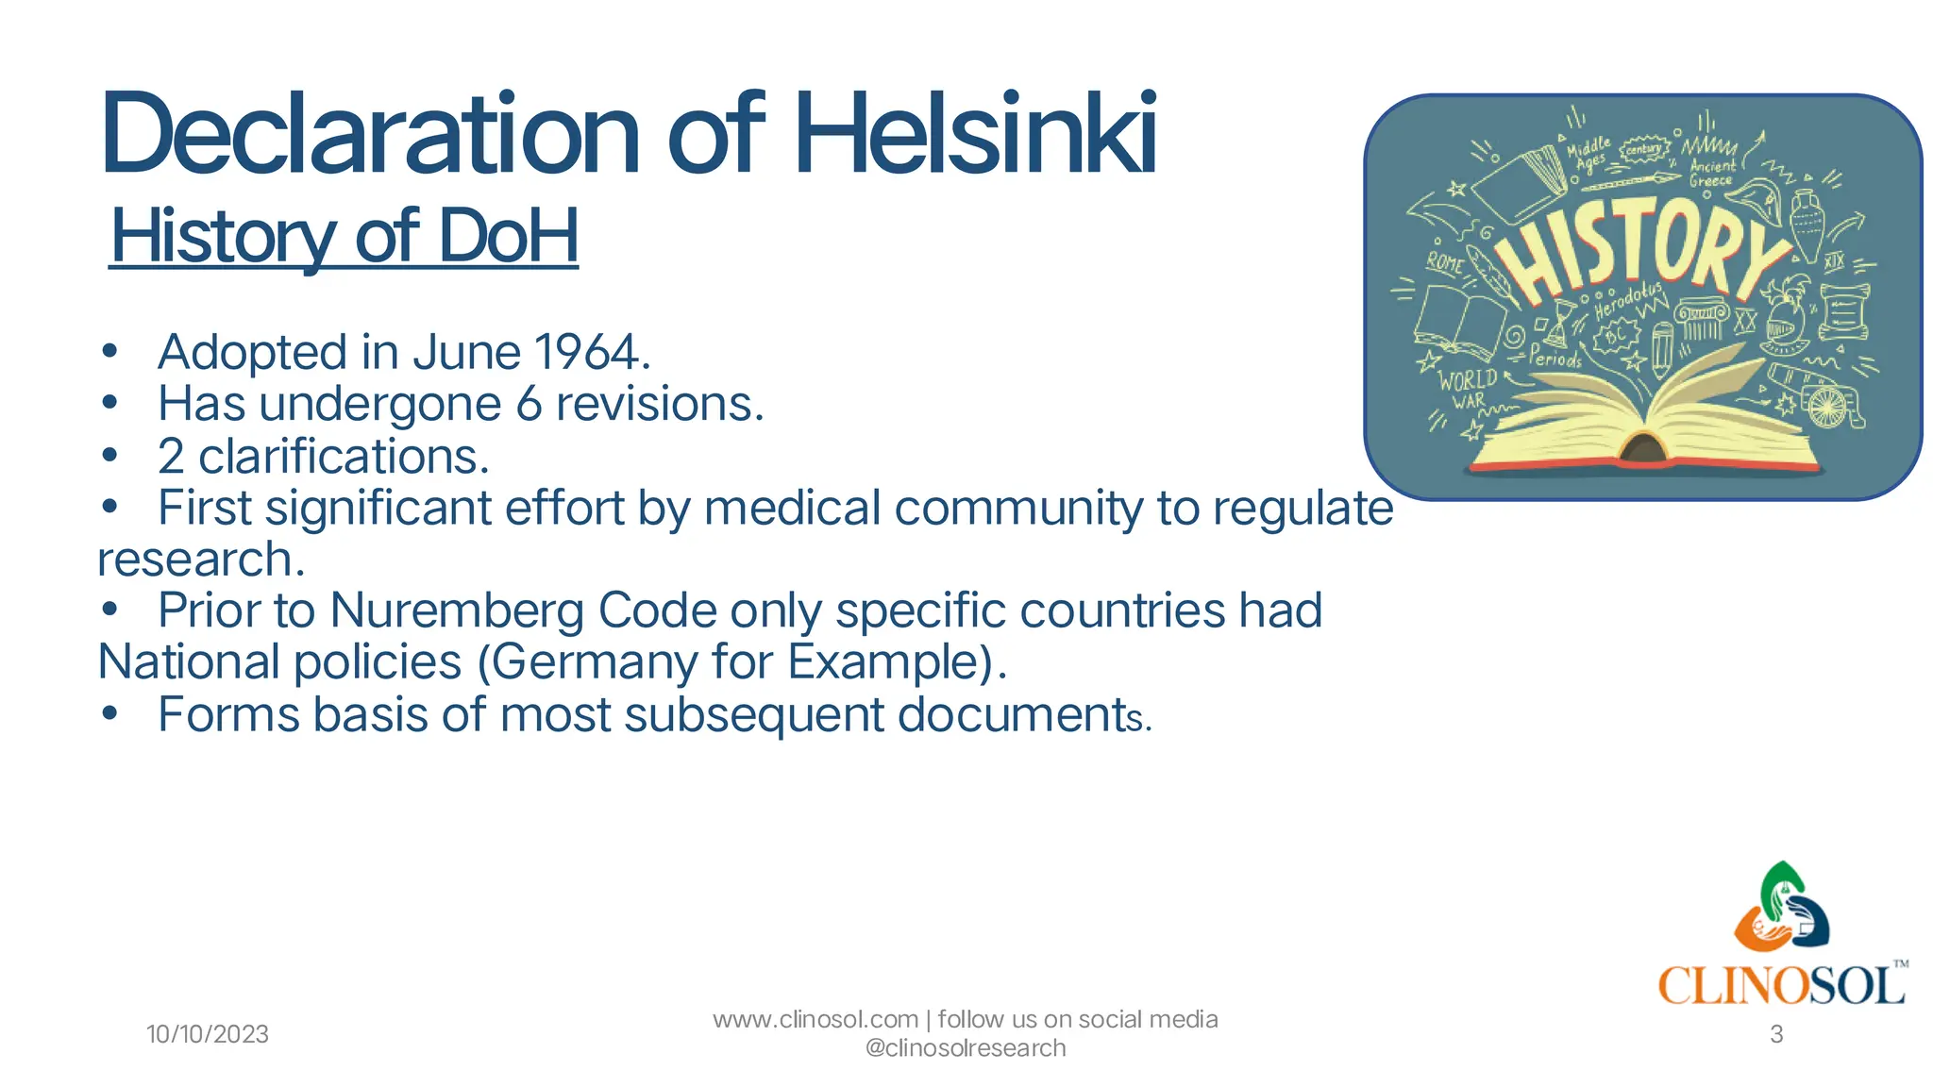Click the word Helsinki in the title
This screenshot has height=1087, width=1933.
pos(976,134)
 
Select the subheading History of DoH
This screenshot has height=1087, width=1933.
pos(345,236)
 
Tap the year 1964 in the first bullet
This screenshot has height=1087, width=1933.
pos(587,353)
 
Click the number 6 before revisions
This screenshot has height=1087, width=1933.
pos(529,405)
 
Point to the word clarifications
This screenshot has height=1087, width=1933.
pos(344,457)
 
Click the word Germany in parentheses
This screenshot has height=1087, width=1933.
pos(595,662)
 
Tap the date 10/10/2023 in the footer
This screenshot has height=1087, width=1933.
pos(208,1034)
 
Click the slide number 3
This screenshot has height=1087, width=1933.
pos(1776,1034)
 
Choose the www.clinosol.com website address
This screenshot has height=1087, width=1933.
pos(815,1020)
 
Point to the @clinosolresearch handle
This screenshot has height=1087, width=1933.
pos(965,1048)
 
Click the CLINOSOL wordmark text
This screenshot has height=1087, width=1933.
pos(1782,987)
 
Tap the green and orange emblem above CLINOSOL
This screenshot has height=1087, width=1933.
pos(1781,908)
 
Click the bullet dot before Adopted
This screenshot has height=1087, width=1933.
pos(110,353)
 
